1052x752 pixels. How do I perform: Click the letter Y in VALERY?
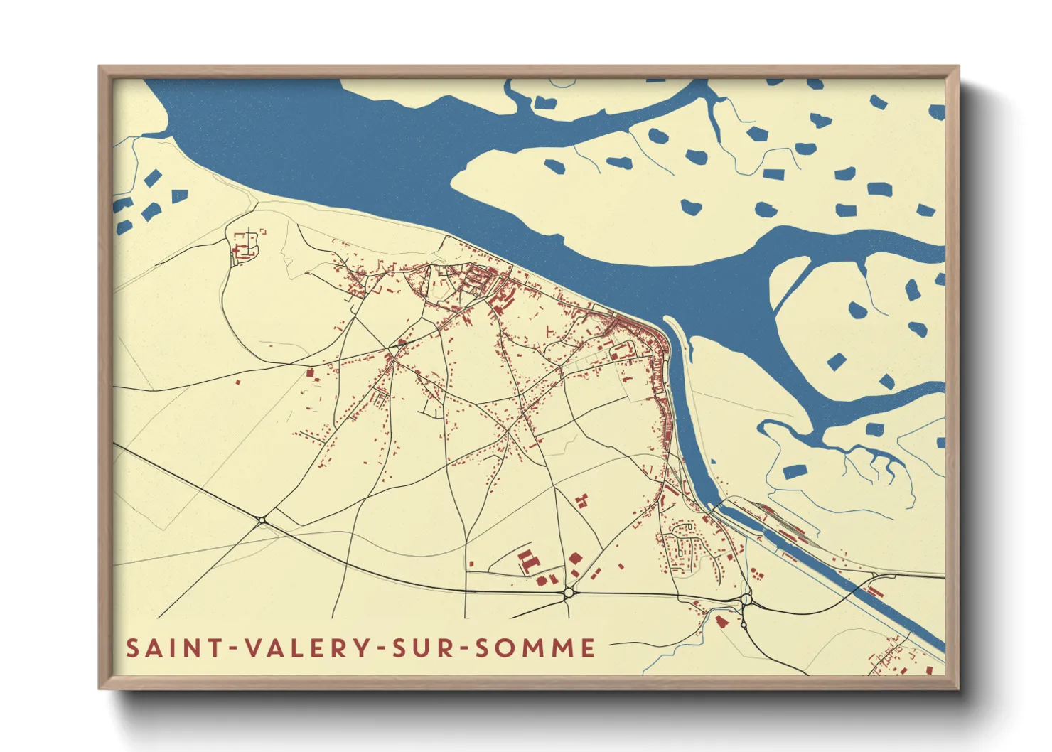pyautogui.click(x=361, y=648)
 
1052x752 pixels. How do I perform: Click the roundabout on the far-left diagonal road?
pyautogui.click(x=262, y=521)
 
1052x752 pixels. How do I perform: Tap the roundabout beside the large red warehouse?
pyautogui.click(x=568, y=592)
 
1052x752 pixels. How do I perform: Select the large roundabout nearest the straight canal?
pyautogui.click(x=746, y=601)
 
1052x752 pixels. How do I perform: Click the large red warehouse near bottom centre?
pyautogui.click(x=526, y=560)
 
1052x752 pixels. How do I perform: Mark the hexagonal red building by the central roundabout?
pyautogui.click(x=574, y=558)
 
